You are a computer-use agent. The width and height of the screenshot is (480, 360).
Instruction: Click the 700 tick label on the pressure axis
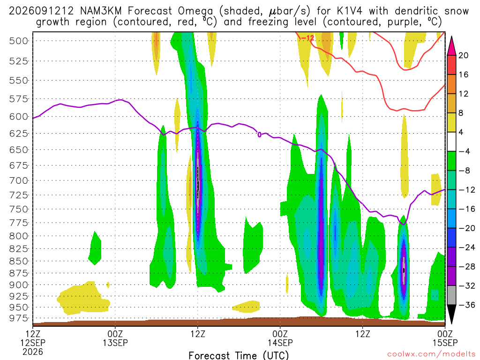pos(18,180)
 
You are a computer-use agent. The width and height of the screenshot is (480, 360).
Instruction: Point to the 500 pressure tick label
pos(18,41)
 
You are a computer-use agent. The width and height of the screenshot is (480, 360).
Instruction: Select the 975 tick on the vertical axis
pos(18,318)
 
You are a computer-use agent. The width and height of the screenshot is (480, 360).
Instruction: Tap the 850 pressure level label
pos(18,261)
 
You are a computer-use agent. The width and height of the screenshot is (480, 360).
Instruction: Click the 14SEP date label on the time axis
pos(280,343)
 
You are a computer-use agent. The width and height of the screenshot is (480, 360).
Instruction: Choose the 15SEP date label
pos(445,343)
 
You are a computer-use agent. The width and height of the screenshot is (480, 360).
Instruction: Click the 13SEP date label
pos(115,343)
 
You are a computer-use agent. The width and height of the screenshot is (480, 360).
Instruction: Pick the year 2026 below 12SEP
pos(33,352)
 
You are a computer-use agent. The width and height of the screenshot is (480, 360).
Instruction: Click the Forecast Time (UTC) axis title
pos(239,355)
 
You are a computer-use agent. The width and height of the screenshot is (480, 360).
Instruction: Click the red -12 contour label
pos(307,38)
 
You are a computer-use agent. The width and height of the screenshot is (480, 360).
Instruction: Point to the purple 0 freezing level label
pos(259,135)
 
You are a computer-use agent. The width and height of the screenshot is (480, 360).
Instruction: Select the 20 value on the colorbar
pos(463,55)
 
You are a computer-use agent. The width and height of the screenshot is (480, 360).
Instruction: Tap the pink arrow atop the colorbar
pos(451,46)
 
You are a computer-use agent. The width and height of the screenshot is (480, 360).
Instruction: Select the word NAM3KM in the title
pos(101,11)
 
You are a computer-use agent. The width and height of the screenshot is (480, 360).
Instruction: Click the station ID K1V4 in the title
pos(349,11)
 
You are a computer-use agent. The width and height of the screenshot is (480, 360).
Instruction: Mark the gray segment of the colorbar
pos(451,295)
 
